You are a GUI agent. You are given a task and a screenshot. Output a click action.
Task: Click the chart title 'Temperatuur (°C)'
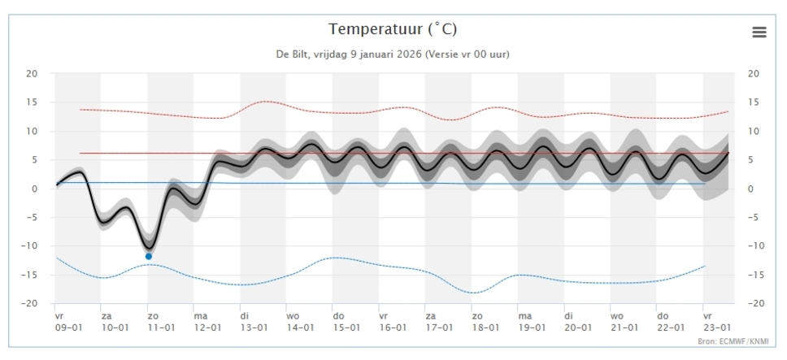tap(393, 29)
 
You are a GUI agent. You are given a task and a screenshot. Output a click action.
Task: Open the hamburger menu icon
tap(759, 32)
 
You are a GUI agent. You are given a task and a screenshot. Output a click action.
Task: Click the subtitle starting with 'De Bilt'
tap(393, 54)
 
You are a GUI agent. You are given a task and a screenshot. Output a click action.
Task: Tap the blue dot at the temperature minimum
tap(149, 256)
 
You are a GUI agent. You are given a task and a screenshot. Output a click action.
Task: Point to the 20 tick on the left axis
tap(33, 74)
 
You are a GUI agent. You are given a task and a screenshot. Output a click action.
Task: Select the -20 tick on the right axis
tap(754, 304)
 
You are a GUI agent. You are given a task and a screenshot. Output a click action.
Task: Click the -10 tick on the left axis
tap(31, 246)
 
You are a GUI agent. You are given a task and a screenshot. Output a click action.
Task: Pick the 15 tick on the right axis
tap(753, 102)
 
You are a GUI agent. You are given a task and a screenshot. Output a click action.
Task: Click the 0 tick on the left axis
tap(35, 189)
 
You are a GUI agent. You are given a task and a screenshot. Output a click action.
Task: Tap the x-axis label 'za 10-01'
tap(115, 321)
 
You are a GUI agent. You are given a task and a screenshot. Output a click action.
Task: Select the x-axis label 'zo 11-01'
tap(161, 321)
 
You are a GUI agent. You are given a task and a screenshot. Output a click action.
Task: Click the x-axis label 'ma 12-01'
tap(207, 321)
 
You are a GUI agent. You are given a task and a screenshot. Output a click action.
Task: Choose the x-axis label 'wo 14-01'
tap(300, 321)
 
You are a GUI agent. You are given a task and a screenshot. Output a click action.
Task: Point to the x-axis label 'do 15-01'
tap(346, 321)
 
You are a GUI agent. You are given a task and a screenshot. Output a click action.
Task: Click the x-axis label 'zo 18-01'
tap(485, 321)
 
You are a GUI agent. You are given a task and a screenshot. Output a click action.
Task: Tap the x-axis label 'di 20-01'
tap(578, 321)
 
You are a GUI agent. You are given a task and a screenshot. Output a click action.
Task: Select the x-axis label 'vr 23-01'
tap(717, 321)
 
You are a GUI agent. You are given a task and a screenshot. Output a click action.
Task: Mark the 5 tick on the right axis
tap(753, 160)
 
